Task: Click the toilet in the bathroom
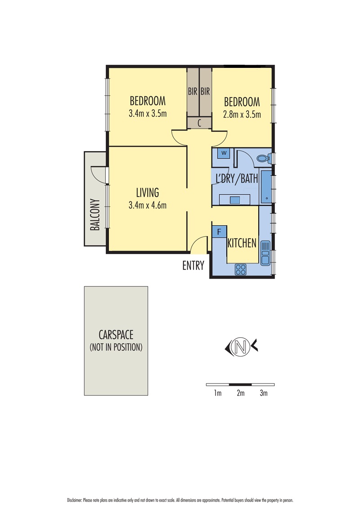click(262, 158)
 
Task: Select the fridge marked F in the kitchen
click(219, 232)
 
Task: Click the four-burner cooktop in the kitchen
click(241, 269)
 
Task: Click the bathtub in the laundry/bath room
click(266, 187)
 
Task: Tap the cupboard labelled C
click(199, 123)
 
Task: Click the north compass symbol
click(241, 347)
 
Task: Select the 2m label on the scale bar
click(240, 393)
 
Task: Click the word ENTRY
click(193, 266)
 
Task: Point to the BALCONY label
click(94, 215)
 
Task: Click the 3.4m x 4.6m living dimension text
click(148, 205)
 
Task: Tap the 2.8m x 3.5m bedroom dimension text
click(242, 114)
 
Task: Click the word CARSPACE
click(116, 335)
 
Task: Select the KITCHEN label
click(242, 243)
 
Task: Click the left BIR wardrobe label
click(193, 92)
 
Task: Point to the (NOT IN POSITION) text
click(116, 347)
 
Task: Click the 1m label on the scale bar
click(217, 393)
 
